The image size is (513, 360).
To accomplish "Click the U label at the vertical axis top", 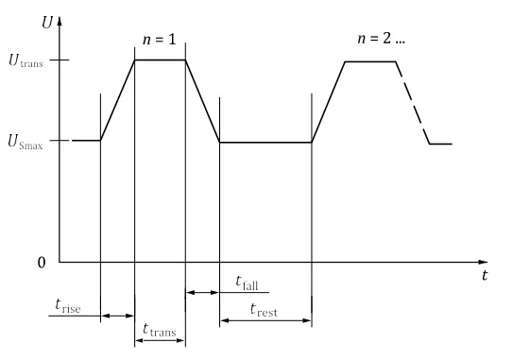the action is point(47,23).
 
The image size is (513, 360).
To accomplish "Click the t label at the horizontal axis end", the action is point(485,275).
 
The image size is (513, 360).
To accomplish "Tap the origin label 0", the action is point(42,263).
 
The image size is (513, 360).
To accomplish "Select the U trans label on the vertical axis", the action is point(26,60).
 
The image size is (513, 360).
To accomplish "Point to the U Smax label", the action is point(26,142).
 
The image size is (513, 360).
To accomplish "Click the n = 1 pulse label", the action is point(160,40).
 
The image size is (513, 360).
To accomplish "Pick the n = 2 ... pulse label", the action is point(381,39).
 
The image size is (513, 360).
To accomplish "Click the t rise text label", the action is point(68,306).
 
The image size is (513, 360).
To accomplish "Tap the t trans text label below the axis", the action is point(160,330).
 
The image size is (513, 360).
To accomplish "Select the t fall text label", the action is point(247,283).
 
